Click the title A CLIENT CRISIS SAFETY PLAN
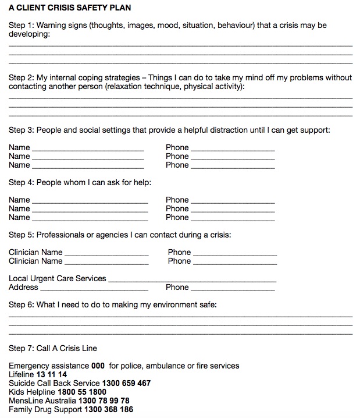[x=69, y=8]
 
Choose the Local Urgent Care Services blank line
[x=192, y=279]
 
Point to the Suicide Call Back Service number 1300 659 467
[x=126, y=383]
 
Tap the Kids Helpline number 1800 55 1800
[x=82, y=392]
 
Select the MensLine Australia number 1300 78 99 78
[x=104, y=401]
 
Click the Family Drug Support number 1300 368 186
[x=108, y=409]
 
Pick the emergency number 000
[x=99, y=366]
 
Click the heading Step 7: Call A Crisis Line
[x=53, y=348]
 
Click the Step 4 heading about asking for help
[x=80, y=182]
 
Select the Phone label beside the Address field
[x=177, y=287]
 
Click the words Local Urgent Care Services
[x=57, y=278]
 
